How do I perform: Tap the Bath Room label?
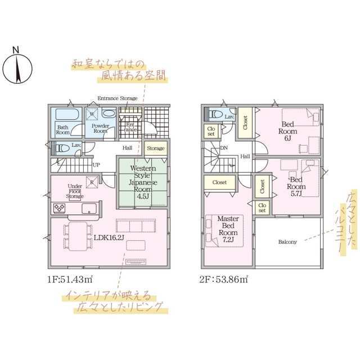(x=63, y=130)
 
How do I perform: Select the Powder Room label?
(x=100, y=128)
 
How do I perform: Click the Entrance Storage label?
(x=117, y=98)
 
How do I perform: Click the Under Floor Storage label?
(x=75, y=191)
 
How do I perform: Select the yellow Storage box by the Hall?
(x=156, y=148)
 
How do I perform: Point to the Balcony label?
(x=288, y=242)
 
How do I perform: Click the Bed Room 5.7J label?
(x=296, y=187)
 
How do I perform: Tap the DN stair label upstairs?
(x=224, y=148)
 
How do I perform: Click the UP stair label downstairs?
(x=96, y=165)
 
